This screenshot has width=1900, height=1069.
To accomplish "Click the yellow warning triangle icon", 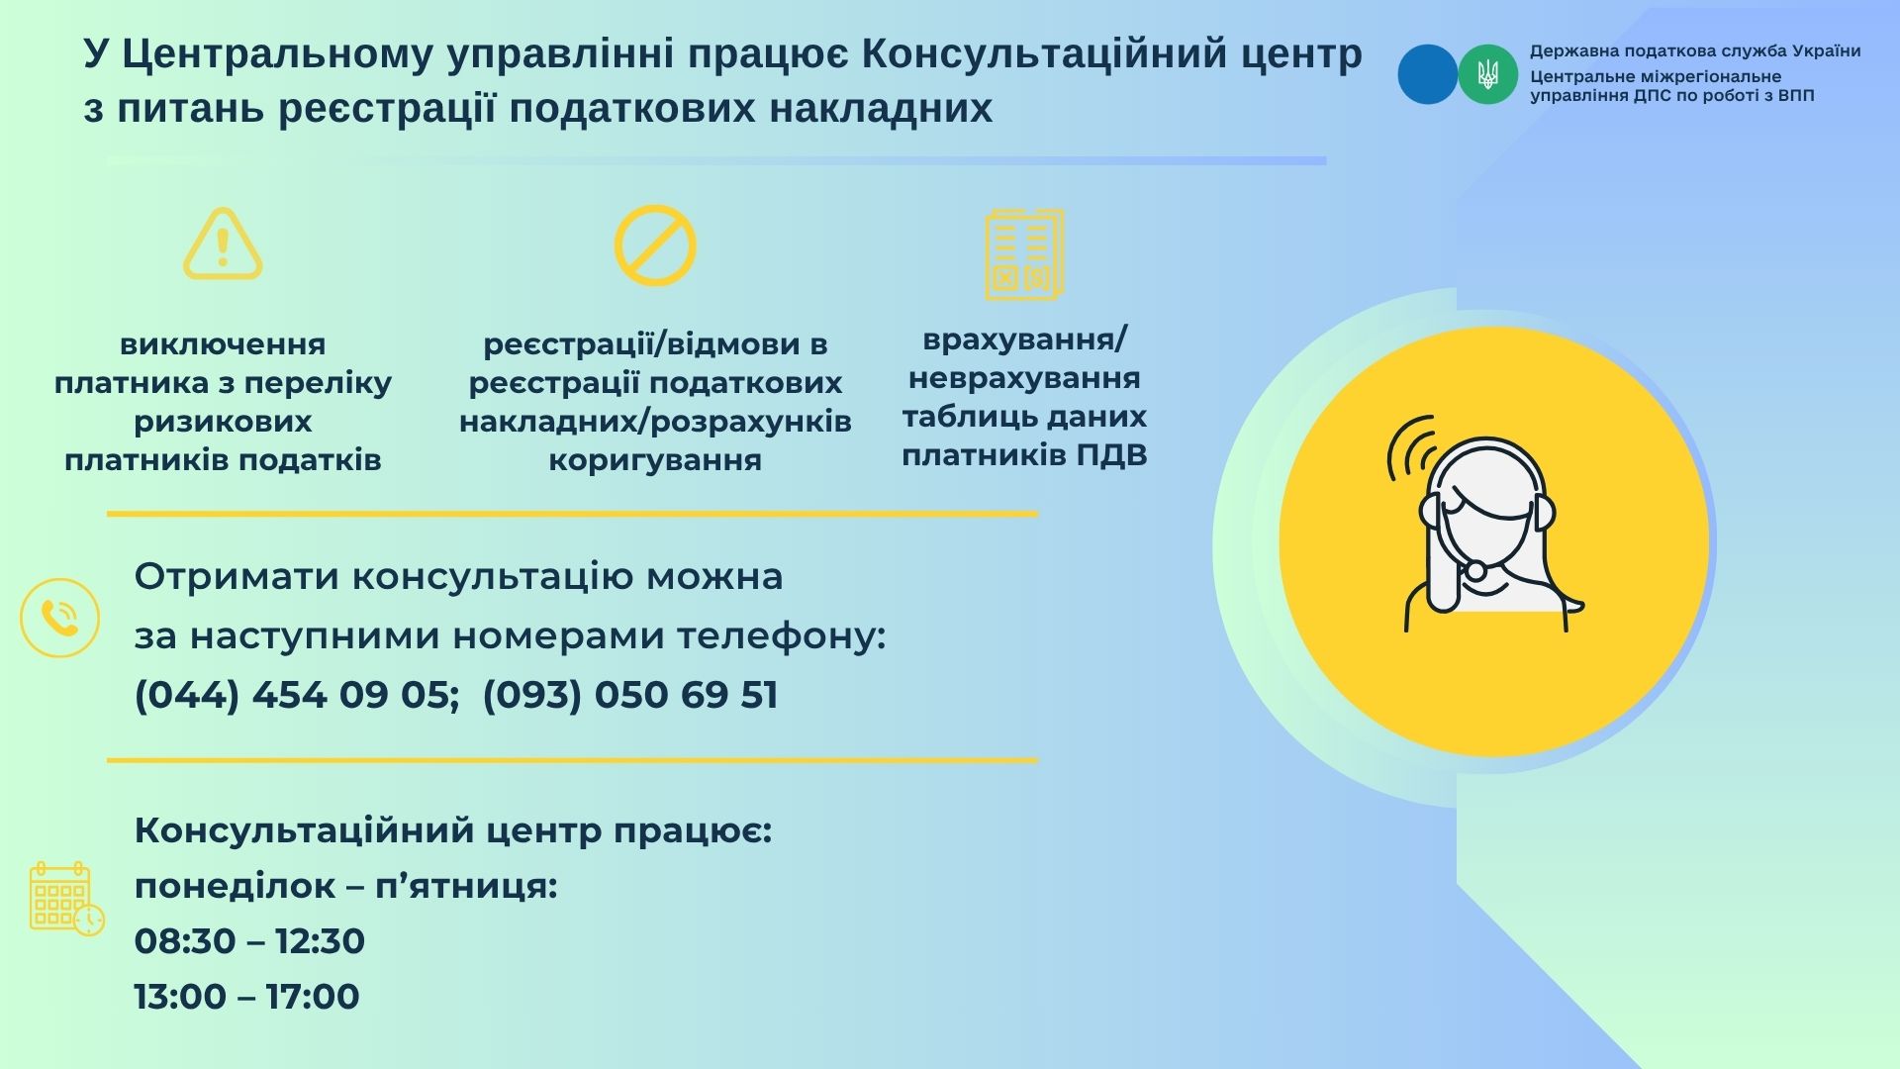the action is pyautogui.click(x=223, y=244).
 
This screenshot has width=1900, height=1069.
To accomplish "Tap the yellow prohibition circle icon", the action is pyautogui.click(x=655, y=245).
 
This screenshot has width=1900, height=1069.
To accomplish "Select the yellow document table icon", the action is pyautogui.click(x=1024, y=254).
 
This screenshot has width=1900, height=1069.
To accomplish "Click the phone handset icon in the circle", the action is pyautogui.click(x=59, y=618).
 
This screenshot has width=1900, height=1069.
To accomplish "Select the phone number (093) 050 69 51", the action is pyautogui.click(x=630, y=695).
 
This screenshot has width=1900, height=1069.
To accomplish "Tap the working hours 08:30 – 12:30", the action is pyautogui.click(x=249, y=940).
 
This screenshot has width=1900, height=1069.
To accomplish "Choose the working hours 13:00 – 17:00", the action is pyautogui.click(x=247, y=996).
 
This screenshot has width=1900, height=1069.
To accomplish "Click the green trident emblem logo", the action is pyautogui.click(x=1487, y=74).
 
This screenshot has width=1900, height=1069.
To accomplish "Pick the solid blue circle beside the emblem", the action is pyautogui.click(x=1427, y=74).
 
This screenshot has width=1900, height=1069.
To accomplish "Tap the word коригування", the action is pyautogui.click(x=655, y=461).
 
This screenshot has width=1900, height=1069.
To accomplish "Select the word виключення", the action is pyautogui.click(x=223, y=344).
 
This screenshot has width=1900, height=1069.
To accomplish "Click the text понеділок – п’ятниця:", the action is pyautogui.click(x=346, y=886).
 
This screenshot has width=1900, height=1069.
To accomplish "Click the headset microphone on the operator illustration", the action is pyautogui.click(x=1475, y=571).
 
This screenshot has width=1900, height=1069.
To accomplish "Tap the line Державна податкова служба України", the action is pyautogui.click(x=1695, y=51).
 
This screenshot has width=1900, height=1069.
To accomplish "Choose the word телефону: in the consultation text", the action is pyautogui.click(x=782, y=636).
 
